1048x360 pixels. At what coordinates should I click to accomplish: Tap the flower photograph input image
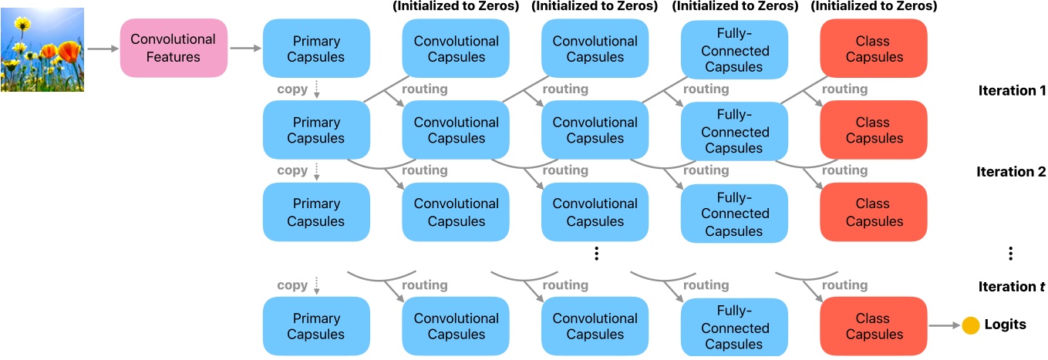pyautogui.click(x=42, y=49)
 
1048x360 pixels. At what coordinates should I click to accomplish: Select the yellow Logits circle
pyautogui.click(x=970, y=325)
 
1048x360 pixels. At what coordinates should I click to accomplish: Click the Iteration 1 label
pyautogui.click(x=1011, y=90)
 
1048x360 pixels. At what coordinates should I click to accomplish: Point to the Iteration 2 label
pyautogui.click(x=1011, y=172)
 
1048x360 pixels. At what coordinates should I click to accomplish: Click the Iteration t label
pyautogui.click(x=1011, y=286)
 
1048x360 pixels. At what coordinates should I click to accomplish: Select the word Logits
pyautogui.click(x=1005, y=325)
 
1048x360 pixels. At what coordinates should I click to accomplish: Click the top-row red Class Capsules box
pyautogui.click(x=872, y=48)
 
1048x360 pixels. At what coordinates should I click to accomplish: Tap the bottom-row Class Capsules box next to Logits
pyautogui.click(x=872, y=326)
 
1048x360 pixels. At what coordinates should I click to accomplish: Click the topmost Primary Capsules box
pyautogui.click(x=316, y=48)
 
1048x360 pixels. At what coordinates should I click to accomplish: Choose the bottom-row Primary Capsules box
pyautogui.click(x=316, y=326)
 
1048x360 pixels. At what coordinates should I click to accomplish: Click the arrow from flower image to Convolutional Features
pyautogui.click(x=100, y=49)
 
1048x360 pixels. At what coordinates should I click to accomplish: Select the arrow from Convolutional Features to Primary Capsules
pyautogui.click(x=245, y=49)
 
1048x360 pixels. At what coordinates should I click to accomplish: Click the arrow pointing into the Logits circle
pyautogui.click(x=945, y=326)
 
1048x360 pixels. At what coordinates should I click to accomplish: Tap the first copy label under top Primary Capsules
pyautogui.click(x=292, y=89)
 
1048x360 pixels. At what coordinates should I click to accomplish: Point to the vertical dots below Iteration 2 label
pyautogui.click(x=1010, y=254)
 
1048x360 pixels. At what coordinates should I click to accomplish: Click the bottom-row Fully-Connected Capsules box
pyautogui.click(x=735, y=326)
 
